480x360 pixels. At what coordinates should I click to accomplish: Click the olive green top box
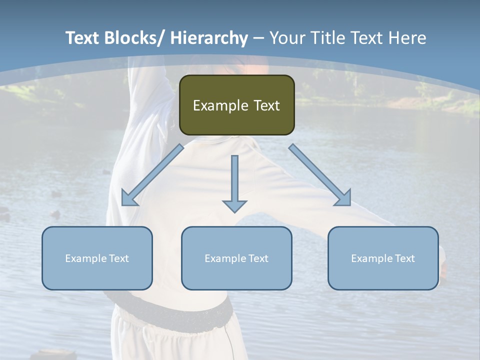236,105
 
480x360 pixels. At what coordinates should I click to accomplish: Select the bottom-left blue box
97,258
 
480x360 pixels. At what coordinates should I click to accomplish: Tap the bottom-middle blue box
236,258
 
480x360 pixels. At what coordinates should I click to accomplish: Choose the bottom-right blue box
383,258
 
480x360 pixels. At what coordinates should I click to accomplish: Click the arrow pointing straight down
234,183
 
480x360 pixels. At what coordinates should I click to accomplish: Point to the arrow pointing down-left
152,175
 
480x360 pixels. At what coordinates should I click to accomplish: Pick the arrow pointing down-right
320,175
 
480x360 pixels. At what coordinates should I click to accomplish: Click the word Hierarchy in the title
209,38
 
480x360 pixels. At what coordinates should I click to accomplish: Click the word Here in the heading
408,38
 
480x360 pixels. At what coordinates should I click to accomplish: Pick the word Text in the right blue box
404,258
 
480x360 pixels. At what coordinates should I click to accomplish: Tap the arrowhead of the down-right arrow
344,198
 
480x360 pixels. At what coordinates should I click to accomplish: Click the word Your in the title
286,38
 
